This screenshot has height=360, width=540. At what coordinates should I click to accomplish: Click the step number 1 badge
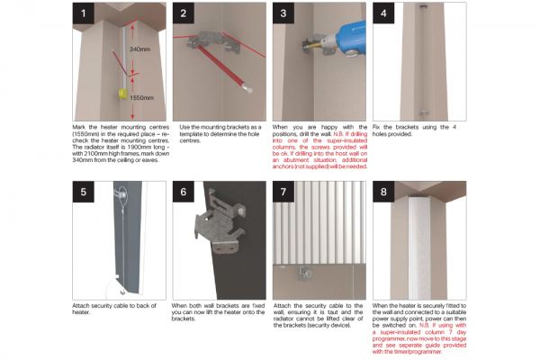[x=84, y=13]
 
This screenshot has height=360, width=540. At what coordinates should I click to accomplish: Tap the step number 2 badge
[x=184, y=13]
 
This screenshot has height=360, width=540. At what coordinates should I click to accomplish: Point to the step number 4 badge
[x=385, y=13]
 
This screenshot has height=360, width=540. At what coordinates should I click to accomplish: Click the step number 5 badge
[x=84, y=192]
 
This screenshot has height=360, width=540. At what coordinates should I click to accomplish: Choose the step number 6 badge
[x=184, y=192]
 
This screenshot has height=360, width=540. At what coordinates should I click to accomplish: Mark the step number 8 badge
[x=385, y=192]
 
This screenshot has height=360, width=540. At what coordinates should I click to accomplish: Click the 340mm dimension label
[x=139, y=49]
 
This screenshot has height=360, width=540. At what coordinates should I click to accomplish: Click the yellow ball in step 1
[x=117, y=93]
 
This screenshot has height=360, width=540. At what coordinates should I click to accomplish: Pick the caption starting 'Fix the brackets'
[x=419, y=130]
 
